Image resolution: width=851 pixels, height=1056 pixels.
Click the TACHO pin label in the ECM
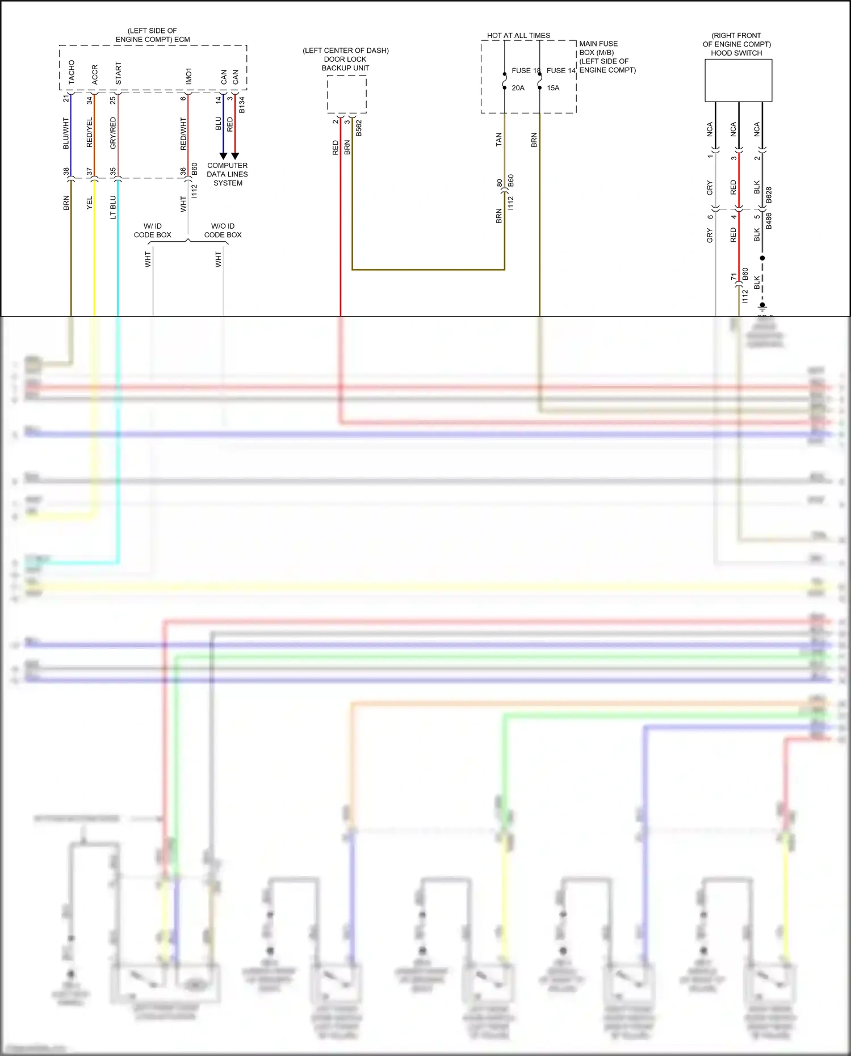click(x=72, y=72)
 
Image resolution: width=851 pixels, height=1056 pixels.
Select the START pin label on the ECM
click(x=118, y=74)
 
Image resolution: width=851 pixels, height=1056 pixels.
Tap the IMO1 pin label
click(x=188, y=76)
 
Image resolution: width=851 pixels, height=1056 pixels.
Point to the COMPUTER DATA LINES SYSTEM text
click(x=227, y=174)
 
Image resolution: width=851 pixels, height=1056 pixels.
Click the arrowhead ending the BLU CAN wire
click(x=223, y=156)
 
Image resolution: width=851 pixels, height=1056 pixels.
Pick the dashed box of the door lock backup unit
click(x=346, y=94)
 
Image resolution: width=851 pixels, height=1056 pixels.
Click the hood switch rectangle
click(x=738, y=81)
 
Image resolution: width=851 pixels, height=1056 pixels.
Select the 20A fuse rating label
click(x=518, y=88)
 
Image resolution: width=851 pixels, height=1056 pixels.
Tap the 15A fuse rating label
click(x=553, y=88)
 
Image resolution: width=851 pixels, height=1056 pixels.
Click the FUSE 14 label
click(x=561, y=70)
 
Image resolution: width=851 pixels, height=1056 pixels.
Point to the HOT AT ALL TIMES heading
click(x=518, y=35)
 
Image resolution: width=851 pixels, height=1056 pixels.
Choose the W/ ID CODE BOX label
click(x=152, y=230)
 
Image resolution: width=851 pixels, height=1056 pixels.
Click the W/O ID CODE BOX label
click(x=223, y=230)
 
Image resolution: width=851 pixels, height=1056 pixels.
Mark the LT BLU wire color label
click(x=113, y=207)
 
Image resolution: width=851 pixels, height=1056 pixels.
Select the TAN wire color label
click(x=499, y=140)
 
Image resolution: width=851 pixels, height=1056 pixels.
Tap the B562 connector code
click(x=359, y=128)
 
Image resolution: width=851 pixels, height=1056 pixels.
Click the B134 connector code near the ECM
click(x=242, y=104)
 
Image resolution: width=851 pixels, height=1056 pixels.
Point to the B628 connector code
click(x=769, y=195)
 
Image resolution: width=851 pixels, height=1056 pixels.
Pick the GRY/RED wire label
click(x=113, y=133)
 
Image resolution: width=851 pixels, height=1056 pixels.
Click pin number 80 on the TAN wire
click(x=500, y=183)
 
